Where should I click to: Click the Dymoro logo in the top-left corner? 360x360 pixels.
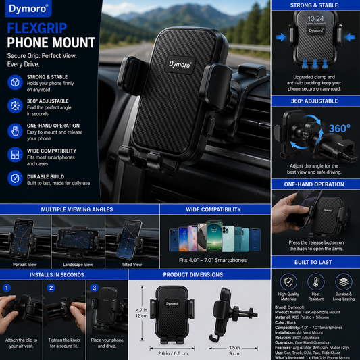[28, 9]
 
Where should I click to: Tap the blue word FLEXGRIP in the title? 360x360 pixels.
[37, 28]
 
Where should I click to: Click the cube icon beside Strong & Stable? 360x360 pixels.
[15, 82]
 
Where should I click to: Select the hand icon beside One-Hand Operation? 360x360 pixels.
[15, 131]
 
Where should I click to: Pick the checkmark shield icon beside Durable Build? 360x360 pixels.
[15, 178]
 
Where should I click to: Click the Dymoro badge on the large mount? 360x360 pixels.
[180, 65]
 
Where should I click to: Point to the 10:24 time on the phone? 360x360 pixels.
[315, 19]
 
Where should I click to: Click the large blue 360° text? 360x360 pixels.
[340, 128]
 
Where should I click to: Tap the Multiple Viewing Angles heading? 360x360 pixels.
[77, 209]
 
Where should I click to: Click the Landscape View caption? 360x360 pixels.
[78, 265]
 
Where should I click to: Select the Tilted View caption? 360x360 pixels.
[132, 265]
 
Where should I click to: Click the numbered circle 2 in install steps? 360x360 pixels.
[51, 288]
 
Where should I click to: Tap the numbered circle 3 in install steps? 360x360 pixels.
[94, 288]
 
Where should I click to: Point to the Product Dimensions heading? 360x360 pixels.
[193, 275]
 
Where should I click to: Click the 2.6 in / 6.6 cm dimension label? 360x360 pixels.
[173, 353]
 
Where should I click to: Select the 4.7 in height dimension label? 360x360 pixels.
[141, 310]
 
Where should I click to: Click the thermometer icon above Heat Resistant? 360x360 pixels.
[316, 282]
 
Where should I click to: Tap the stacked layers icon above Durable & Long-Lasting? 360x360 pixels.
[344, 282]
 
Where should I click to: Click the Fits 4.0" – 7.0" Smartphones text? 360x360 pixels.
[213, 260]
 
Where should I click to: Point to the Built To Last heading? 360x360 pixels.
[313, 262]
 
